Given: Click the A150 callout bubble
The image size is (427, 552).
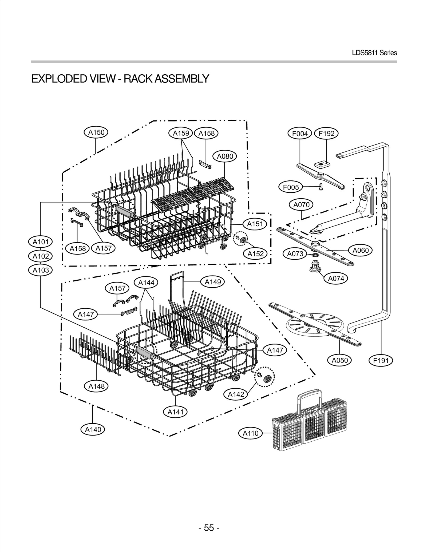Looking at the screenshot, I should pyautogui.click(x=96, y=132).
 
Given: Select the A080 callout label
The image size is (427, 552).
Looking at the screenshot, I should pyautogui.click(x=225, y=156).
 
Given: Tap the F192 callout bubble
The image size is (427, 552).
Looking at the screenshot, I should pyautogui.click(x=326, y=134).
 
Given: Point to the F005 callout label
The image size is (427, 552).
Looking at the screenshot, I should pyautogui.click(x=291, y=187).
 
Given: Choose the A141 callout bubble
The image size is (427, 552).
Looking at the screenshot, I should pyautogui.click(x=175, y=412).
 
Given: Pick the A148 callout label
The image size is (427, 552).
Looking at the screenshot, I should pyautogui.click(x=96, y=386).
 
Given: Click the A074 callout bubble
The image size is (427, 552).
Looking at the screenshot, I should pyautogui.click(x=336, y=279).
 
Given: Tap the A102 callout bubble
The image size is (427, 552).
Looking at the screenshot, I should pyautogui.click(x=41, y=256).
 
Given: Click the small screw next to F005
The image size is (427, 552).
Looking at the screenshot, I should pyautogui.click(x=321, y=188).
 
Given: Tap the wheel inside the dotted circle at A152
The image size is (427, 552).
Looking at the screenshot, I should pyautogui.click(x=243, y=240).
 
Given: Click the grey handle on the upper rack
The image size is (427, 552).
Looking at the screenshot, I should pyautogui.click(x=124, y=210).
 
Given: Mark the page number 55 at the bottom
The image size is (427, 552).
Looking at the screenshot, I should pyautogui.click(x=209, y=527).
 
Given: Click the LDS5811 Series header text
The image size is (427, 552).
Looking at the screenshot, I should pyautogui.click(x=374, y=53).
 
